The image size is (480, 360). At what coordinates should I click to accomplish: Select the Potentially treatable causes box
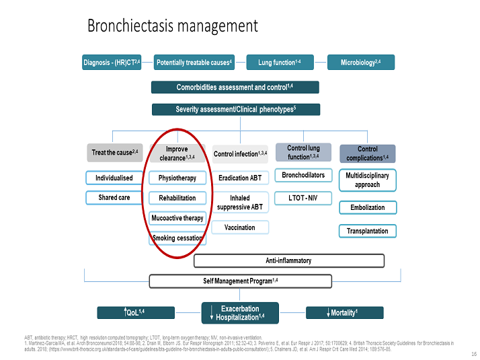click(x=194, y=63)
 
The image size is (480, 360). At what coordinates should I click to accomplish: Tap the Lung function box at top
click(x=279, y=63)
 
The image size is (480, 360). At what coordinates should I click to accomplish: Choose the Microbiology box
click(x=360, y=63)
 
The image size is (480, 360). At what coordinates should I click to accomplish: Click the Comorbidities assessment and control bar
click(x=235, y=87)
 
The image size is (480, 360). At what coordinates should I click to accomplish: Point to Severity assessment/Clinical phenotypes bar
click(x=235, y=109)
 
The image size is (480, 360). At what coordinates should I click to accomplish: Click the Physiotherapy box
click(x=177, y=178)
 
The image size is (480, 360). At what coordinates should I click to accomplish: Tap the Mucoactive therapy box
click(x=177, y=218)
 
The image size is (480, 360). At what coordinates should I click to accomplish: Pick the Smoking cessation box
click(x=177, y=238)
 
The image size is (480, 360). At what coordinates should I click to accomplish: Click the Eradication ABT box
click(x=240, y=178)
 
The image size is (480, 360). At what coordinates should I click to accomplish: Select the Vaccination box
click(x=240, y=227)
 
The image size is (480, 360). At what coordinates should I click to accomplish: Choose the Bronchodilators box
click(x=303, y=176)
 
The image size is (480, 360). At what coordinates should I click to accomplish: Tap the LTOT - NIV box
click(x=303, y=198)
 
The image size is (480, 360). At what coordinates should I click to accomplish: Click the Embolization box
click(x=367, y=207)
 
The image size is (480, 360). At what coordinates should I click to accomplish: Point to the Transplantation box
click(x=367, y=231)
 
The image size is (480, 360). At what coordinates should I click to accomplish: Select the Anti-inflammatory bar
click(x=289, y=260)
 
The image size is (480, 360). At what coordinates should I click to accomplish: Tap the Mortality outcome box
click(x=344, y=312)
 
